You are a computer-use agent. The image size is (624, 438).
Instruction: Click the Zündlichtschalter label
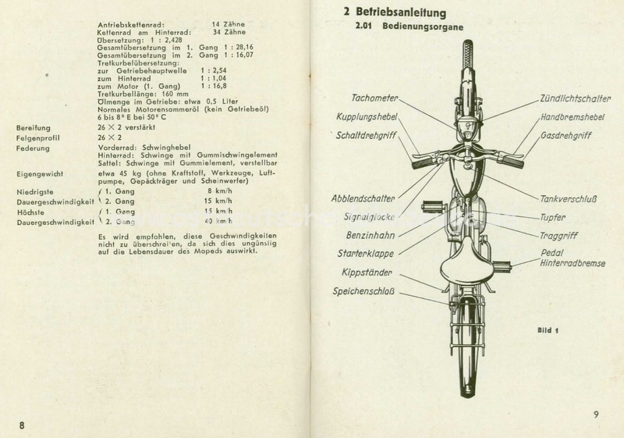pyautogui.click(x=570, y=99)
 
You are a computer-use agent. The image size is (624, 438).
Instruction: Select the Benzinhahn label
pyautogui.click(x=373, y=234)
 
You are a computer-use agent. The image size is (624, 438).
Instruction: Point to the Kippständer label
pyautogui.click(x=368, y=274)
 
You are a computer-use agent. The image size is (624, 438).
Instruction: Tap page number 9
pyautogui.click(x=595, y=415)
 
